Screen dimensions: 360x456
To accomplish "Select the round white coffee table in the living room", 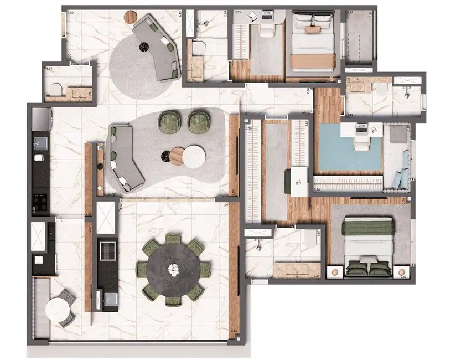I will click(x=194, y=156).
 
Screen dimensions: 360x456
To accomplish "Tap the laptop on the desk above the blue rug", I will click(x=363, y=128).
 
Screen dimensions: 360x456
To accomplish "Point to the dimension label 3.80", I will click(x=70, y=12).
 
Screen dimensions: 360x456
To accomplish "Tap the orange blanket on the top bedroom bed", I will click(x=313, y=61).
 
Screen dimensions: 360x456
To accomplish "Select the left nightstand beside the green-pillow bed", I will click(x=335, y=272).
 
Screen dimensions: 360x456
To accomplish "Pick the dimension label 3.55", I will click(x=237, y=12).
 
